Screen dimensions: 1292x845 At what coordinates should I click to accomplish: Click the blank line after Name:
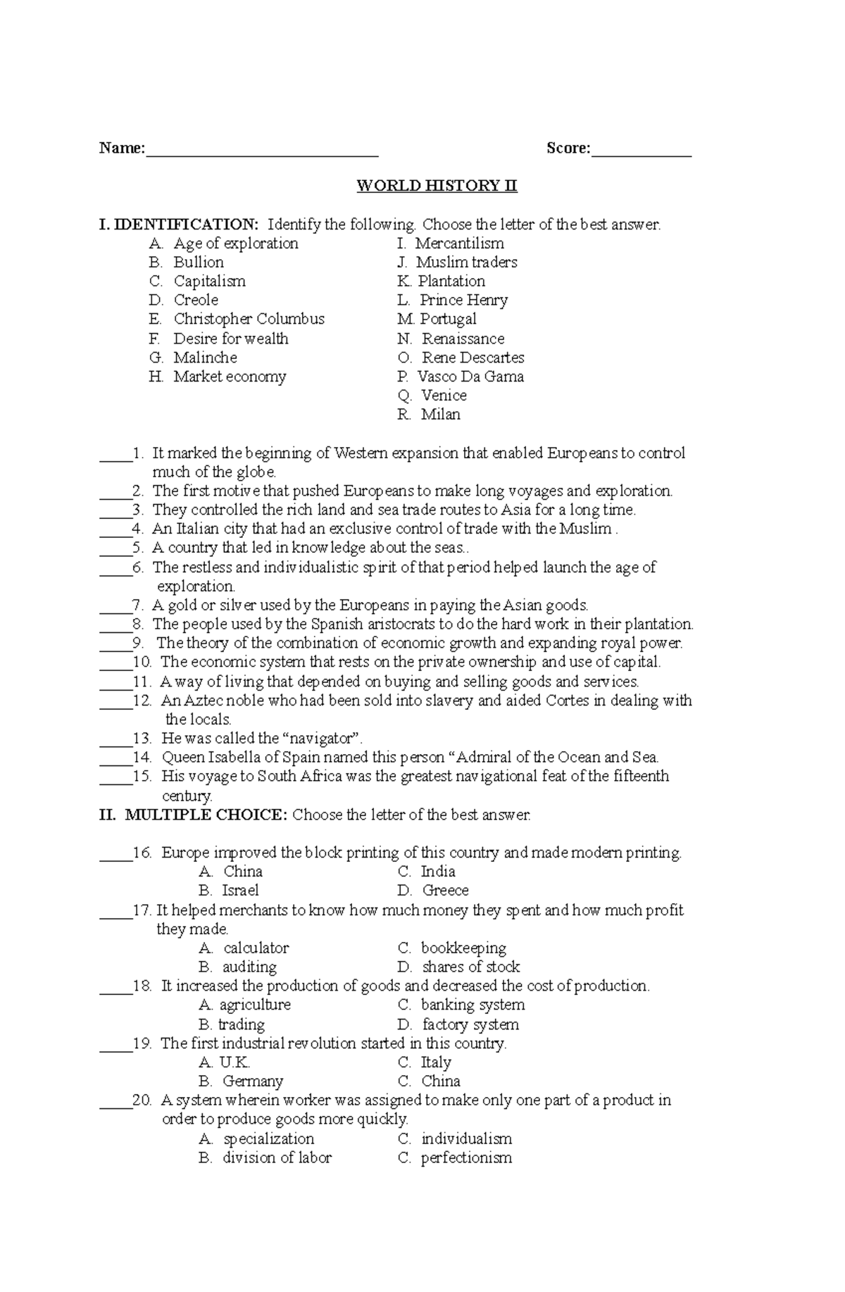(x=262, y=151)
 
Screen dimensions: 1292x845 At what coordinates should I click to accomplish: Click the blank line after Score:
(x=641, y=151)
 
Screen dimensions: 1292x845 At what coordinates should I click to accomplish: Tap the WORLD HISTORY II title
(x=437, y=186)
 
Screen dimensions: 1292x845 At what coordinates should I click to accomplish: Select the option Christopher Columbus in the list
(x=249, y=319)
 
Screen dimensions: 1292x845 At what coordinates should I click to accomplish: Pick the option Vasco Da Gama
(x=470, y=377)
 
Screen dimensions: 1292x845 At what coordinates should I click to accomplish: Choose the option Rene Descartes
(x=472, y=358)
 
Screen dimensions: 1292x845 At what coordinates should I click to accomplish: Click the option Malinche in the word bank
(x=205, y=358)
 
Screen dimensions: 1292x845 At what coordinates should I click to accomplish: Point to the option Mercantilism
(x=459, y=244)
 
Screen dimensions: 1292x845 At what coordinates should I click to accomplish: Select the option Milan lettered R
(x=440, y=415)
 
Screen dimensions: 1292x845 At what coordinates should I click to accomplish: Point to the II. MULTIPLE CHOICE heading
(x=194, y=815)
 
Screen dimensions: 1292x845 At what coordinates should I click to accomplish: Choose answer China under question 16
(x=242, y=872)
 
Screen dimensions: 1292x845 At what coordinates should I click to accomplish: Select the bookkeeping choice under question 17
(x=463, y=948)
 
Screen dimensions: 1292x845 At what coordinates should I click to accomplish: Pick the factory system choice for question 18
(x=470, y=1024)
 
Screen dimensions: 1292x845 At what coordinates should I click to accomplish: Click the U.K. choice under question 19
(x=234, y=1062)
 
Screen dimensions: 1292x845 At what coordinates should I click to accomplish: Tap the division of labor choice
(x=277, y=1158)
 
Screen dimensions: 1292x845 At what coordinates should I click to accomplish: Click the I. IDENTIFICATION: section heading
(x=180, y=225)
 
